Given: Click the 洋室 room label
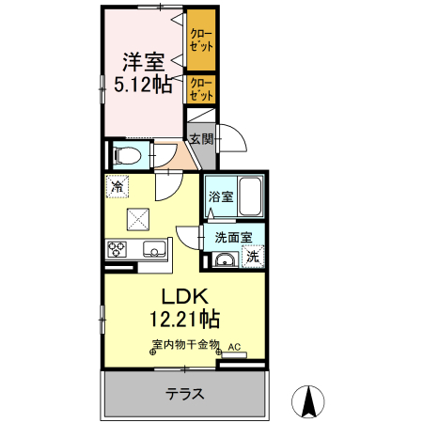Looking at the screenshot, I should click(144, 62).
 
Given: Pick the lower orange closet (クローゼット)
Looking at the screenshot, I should click(201, 89).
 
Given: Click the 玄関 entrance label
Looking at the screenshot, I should click(201, 139).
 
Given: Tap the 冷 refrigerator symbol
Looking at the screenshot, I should click(117, 187).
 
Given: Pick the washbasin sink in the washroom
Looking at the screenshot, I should click(225, 260).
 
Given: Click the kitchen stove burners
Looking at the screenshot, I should click(118, 249).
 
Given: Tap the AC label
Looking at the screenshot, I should click(234, 346).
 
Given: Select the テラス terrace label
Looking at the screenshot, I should click(185, 394).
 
